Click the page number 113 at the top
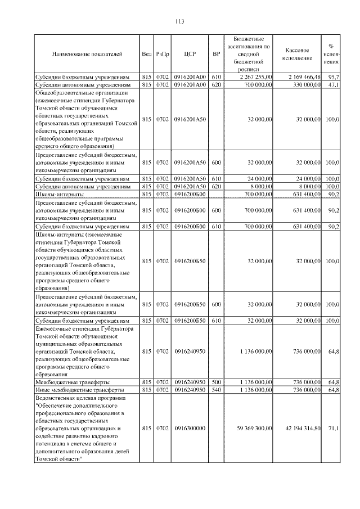pos(180,22)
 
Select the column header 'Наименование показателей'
pos(86,54)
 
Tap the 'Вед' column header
pos(147,54)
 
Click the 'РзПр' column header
pos(162,54)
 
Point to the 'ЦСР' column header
pos(190,54)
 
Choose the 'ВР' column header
pos(217,54)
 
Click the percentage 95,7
pos(334,76)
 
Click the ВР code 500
pos(217,381)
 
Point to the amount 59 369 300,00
pos(254,429)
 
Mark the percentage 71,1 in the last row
pos(334,429)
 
